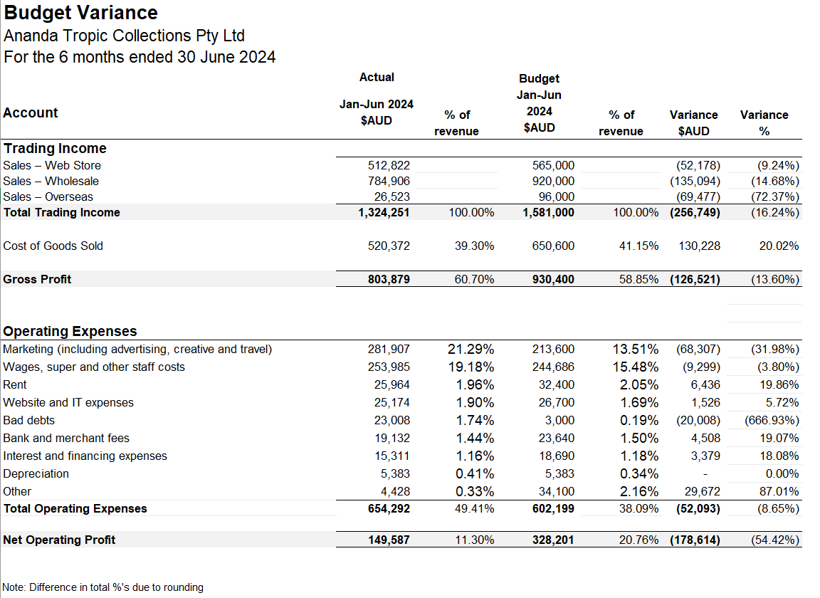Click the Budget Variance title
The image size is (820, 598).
(x=81, y=13)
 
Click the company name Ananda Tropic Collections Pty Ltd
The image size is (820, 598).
(x=125, y=36)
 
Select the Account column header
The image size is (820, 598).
(x=31, y=112)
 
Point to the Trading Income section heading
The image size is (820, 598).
(x=55, y=148)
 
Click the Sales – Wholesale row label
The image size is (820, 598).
(x=51, y=181)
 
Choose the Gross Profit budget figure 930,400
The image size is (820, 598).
(x=553, y=279)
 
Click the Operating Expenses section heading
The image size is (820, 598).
(x=70, y=331)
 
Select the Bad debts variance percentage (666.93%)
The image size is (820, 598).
(x=772, y=420)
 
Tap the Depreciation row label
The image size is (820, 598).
(x=36, y=473)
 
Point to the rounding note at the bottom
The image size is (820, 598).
(x=103, y=587)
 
